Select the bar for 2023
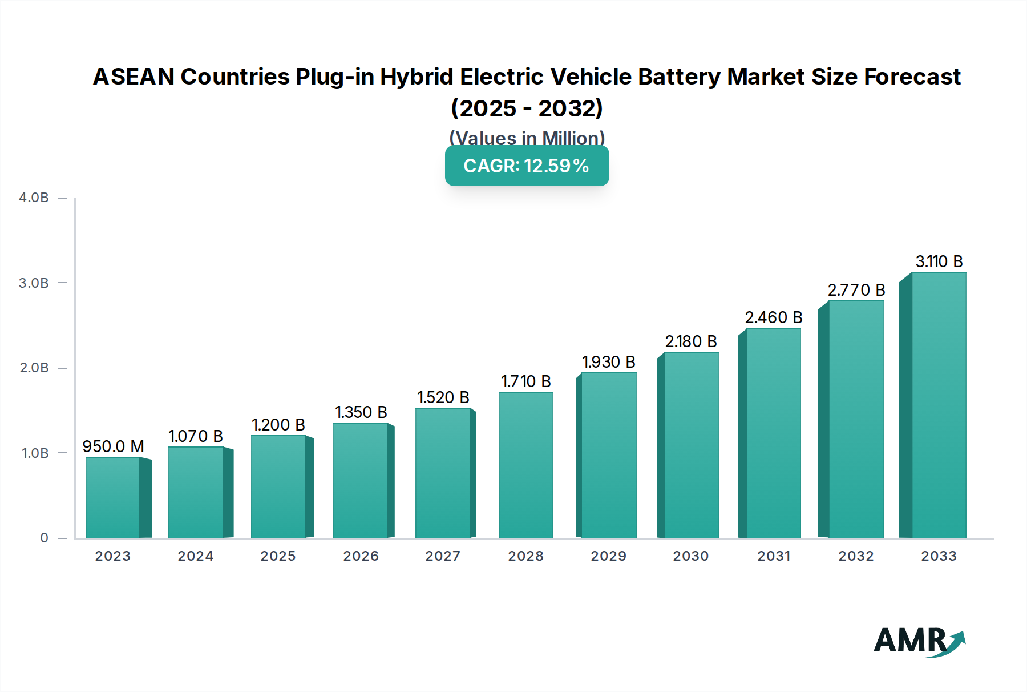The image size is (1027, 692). pyautogui.click(x=113, y=498)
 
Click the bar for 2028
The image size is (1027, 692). pyautogui.click(x=525, y=465)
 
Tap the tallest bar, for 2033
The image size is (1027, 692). pyautogui.click(x=938, y=405)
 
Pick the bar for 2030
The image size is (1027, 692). pyautogui.click(x=691, y=445)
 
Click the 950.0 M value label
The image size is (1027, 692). pyautogui.click(x=113, y=446)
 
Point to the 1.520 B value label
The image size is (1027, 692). pyautogui.click(x=443, y=397)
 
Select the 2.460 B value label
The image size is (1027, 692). pyautogui.click(x=773, y=317)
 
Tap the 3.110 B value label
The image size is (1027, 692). pyautogui.click(x=939, y=261)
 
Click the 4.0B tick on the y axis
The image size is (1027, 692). pyautogui.click(x=34, y=198)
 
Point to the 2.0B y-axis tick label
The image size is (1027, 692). pyautogui.click(x=34, y=368)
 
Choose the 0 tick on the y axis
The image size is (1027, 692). pyautogui.click(x=44, y=538)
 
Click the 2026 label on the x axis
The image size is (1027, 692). pyautogui.click(x=361, y=556)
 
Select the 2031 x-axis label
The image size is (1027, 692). pyautogui.click(x=773, y=556)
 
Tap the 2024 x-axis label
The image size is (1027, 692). pyautogui.click(x=195, y=556)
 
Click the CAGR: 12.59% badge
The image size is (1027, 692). pyautogui.click(x=527, y=166)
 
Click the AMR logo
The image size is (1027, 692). pyautogui.click(x=919, y=641)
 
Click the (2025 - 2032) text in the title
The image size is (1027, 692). pyautogui.click(x=527, y=108)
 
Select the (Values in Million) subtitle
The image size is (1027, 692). pyautogui.click(x=527, y=138)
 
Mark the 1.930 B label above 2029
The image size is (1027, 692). pyautogui.click(x=608, y=362)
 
